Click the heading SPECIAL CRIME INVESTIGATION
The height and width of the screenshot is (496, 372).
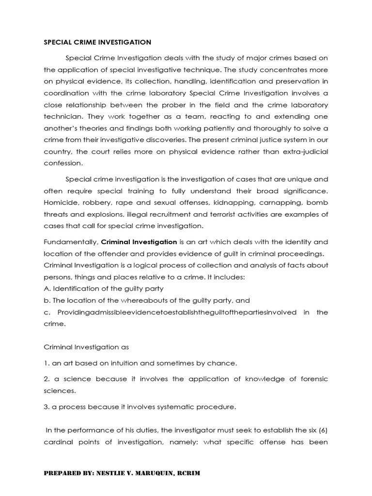(97, 42)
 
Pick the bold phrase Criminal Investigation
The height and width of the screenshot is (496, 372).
(139, 242)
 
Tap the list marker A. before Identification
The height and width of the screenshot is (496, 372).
(47, 289)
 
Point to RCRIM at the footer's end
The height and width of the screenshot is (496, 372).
(186, 473)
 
